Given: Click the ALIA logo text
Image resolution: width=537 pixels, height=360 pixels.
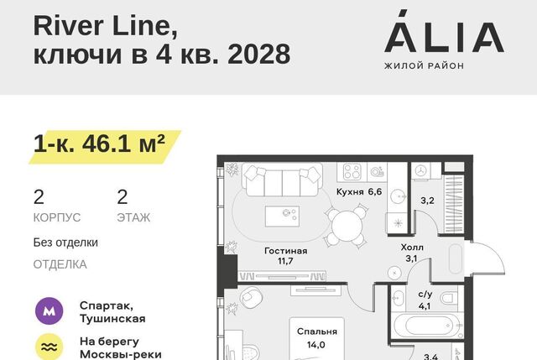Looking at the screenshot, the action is (x=444, y=31).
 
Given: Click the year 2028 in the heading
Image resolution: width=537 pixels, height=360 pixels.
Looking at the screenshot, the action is (x=259, y=54).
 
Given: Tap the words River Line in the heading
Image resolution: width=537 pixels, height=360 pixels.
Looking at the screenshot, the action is (x=106, y=26).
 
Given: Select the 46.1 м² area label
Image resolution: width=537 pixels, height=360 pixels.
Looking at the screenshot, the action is (x=123, y=143).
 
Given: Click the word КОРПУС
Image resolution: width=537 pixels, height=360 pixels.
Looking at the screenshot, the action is (x=57, y=217).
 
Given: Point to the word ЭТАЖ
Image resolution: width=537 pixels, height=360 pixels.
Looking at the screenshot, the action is (x=133, y=217).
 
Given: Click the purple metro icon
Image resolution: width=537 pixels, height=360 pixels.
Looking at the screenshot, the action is (x=50, y=311).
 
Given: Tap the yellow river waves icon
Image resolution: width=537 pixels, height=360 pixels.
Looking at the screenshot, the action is (x=50, y=347).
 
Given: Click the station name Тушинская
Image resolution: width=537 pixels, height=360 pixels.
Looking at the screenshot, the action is (x=112, y=319).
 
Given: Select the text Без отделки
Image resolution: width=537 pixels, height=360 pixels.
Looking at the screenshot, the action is (x=65, y=243).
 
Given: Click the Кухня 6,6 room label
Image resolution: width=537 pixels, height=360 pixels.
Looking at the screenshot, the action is (x=359, y=192).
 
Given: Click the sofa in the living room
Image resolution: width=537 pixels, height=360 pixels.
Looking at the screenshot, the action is (x=282, y=180).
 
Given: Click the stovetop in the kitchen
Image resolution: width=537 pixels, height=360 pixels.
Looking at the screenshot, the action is (x=352, y=171).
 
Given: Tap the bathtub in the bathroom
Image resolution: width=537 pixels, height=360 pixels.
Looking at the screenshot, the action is (x=427, y=326).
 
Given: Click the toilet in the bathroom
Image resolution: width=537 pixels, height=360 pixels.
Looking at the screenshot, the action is (x=449, y=298).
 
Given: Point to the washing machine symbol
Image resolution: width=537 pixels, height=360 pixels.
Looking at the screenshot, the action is (x=420, y=170).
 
